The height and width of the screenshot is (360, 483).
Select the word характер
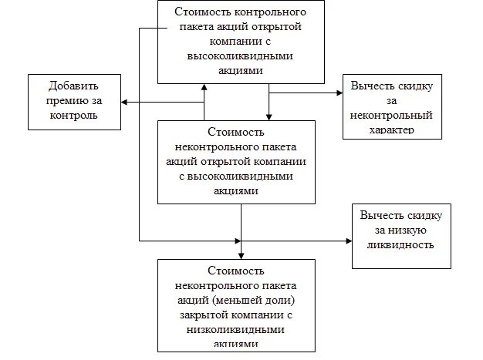(392, 131)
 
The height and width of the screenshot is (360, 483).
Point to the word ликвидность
(400, 245)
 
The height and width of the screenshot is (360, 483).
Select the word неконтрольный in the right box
(392, 115)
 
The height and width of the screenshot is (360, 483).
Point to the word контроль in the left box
(73, 116)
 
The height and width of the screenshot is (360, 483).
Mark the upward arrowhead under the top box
(204, 86)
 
